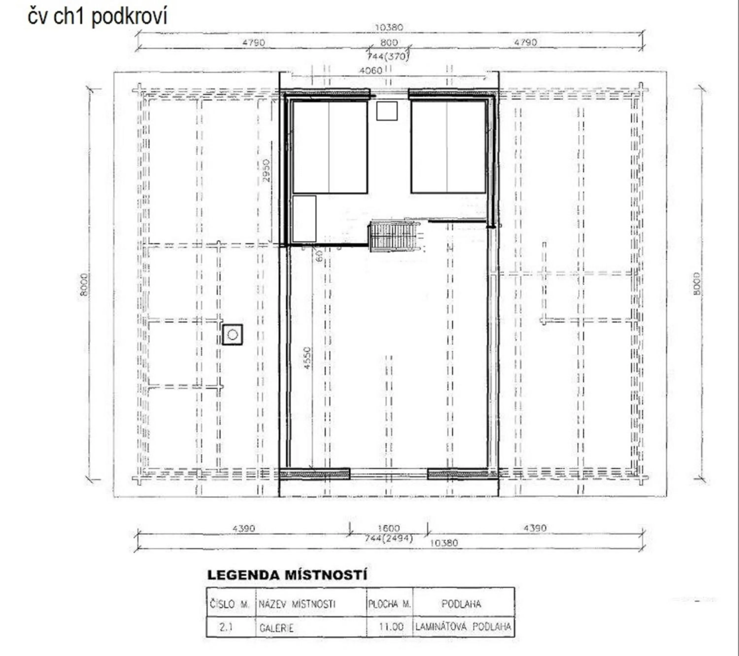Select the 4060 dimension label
click(x=370, y=70)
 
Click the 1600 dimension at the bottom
click(x=389, y=528)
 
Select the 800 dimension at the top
click(x=389, y=42)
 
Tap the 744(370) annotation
click(x=388, y=56)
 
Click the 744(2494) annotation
click(x=389, y=538)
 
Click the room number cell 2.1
click(x=226, y=627)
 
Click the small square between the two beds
click(x=387, y=111)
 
